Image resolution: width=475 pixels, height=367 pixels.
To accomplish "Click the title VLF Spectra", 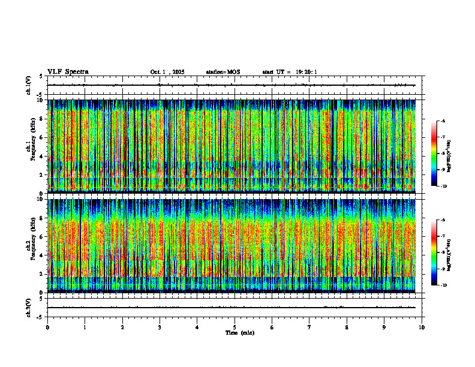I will (x=68, y=71).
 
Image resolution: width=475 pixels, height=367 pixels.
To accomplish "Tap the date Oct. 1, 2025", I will (x=167, y=72).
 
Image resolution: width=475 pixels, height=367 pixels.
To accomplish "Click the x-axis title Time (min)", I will (x=239, y=332).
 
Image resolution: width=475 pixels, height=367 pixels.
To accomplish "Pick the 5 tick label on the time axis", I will (x=235, y=327).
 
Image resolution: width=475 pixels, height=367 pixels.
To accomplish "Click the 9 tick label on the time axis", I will (x=384, y=327).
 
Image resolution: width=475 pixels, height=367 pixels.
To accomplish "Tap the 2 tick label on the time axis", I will (x=122, y=327).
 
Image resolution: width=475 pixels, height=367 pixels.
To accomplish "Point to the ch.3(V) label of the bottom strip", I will (x=29, y=307).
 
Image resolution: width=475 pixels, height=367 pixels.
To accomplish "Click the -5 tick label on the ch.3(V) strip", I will (x=40, y=317).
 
